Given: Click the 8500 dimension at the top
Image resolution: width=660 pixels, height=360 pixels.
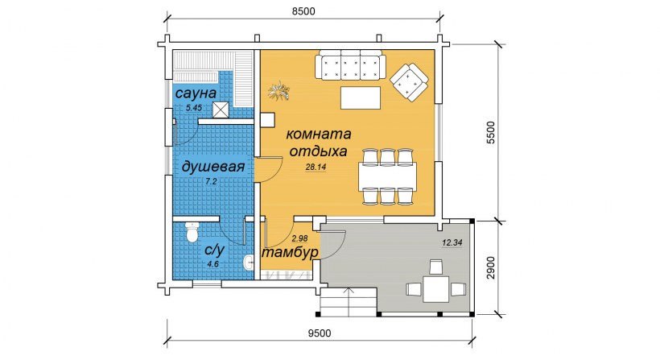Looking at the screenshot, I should click(303, 10).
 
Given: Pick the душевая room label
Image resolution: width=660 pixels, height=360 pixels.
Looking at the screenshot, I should click(212, 166).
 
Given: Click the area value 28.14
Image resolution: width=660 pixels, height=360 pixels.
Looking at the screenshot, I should click(316, 168).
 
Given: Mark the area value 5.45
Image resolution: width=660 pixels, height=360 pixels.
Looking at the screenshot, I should click(194, 107).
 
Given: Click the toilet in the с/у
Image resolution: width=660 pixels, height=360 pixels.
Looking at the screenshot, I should click(192, 232).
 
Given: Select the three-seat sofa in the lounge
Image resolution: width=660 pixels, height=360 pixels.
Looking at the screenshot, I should click(350, 65).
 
